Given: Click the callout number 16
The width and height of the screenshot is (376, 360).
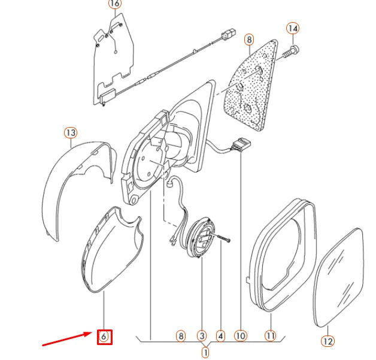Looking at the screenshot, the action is [115, 4].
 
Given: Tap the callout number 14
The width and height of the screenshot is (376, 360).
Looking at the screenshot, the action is [293, 29].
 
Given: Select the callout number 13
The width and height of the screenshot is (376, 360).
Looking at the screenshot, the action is [71, 132].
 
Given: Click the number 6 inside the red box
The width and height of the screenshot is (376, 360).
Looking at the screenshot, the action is [104, 337].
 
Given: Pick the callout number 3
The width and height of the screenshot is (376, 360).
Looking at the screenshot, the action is [202, 336].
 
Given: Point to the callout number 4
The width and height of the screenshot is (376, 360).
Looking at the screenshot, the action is [220, 336].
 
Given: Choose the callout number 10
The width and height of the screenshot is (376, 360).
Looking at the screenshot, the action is [241, 336].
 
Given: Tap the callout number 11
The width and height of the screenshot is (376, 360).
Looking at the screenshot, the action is [270, 336].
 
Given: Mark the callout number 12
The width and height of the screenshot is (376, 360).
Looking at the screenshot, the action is [328, 341].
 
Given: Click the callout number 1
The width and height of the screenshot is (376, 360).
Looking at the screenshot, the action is [205, 353].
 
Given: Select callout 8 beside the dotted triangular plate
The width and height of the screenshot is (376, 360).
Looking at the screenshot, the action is [250, 40].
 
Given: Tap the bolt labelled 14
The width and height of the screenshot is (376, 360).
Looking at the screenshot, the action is [290, 52].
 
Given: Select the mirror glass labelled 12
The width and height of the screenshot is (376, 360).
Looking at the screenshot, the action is [339, 278].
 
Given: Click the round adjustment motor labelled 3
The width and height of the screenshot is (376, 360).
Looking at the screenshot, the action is [201, 237].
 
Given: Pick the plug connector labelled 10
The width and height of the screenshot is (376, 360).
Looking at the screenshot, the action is [241, 144].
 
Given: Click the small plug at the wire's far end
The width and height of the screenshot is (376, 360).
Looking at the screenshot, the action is [229, 34].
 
